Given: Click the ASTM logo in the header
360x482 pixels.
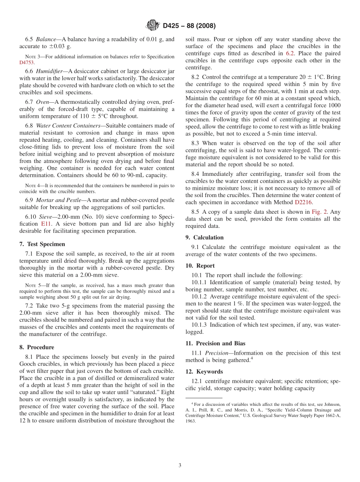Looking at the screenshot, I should click(x=153, y=26).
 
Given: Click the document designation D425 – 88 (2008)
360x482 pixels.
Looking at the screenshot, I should click(x=189, y=26).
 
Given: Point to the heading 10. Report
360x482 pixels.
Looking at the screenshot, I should click(x=200, y=266).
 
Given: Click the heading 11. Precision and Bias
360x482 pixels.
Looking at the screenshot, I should click(x=215, y=343).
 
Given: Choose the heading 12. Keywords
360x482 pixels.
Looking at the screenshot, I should click(x=204, y=371).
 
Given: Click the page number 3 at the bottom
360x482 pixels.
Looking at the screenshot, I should click(x=180, y=465).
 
